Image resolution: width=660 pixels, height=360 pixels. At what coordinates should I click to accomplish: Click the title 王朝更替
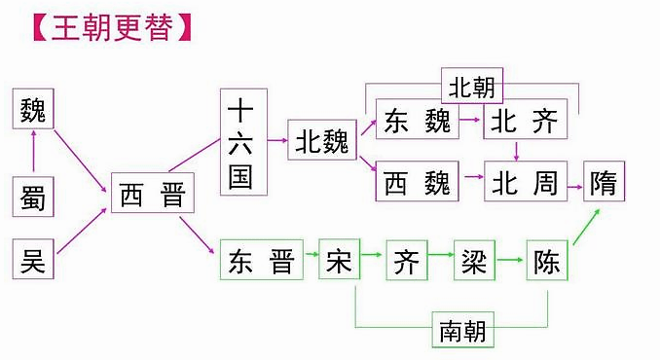[x=105, y=26]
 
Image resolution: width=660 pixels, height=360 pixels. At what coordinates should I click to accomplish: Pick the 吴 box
[x=34, y=260]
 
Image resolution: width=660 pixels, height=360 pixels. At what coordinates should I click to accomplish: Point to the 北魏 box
[x=322, y=144]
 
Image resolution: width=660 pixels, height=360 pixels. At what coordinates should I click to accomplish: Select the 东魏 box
[x=417, y=122]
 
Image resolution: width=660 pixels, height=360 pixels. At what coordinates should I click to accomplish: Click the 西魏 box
[x=417, y=182]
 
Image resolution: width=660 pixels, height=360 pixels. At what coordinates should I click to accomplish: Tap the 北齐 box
[x=525, y=122]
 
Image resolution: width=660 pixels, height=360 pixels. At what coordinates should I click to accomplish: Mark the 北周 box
[x=525, y=182]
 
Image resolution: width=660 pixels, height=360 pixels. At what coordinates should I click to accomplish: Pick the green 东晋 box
[x=260, y=261]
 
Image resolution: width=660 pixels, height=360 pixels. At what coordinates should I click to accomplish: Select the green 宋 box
[x=338, y=261]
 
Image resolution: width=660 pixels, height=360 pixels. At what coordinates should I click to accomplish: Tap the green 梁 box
[x=473, y=261]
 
